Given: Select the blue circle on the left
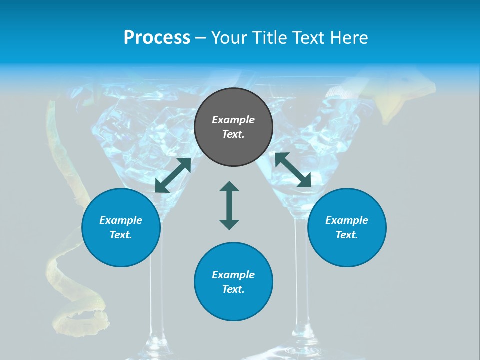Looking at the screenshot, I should click(121, 227).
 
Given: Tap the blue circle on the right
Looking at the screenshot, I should click(347, 227).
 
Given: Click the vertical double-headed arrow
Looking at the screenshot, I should click(229, 205).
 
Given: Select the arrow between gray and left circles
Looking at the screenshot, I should click(173, 175).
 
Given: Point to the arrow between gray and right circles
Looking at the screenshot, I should click(293, 170).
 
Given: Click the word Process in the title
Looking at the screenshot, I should click(157, 38).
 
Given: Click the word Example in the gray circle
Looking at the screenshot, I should click(233, 120).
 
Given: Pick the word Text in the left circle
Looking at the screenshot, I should click(120, 235).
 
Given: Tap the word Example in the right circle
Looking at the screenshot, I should click(347, 220).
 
